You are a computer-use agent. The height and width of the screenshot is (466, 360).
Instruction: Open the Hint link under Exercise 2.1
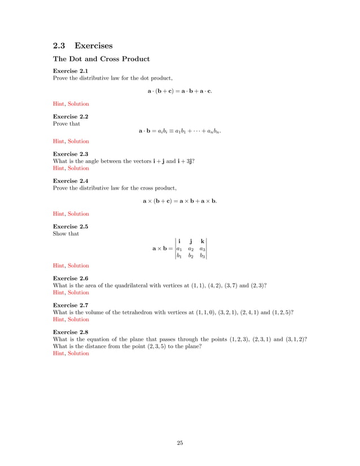(x=58, y=104)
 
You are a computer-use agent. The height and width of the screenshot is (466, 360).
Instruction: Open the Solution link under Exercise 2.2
(x=78, y=142)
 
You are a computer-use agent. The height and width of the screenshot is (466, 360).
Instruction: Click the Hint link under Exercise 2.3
(x=58, y=168)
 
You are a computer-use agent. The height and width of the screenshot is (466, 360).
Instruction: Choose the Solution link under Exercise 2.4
(x=78, y=214)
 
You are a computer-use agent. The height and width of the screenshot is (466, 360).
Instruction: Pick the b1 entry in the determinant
(x=179, y=256)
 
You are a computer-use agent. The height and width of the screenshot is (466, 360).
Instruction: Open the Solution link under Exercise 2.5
(x=78, y=266)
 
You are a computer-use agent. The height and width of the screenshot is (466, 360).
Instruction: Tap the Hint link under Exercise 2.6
(x=58, y=293)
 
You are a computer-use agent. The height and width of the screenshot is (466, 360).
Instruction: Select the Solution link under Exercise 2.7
(x=78, y=319)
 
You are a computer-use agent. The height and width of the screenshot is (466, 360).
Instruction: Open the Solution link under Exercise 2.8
(x=78, y=353)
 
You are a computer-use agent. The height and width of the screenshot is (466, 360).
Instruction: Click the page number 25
(x=180, y=443)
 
